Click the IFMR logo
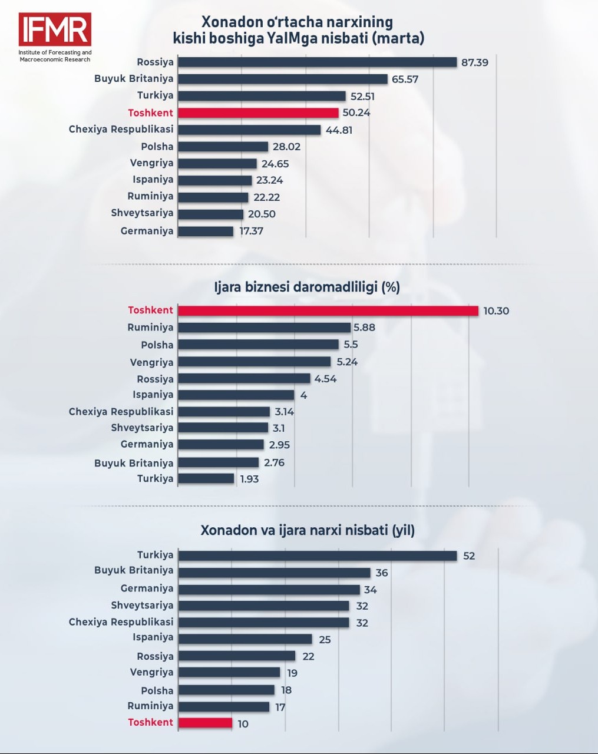[x=55, y=29]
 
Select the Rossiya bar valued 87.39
[x=317, y=62]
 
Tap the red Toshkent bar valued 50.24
[x=258, y=113]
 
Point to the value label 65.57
[x=405, y=79]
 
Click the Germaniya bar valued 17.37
[x=206, y=232]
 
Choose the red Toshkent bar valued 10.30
[x=328, y=310]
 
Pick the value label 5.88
[x=364, y=328]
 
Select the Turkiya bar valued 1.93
[x=206, y=479]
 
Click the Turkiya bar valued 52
[x=318, y=555]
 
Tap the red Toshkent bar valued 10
[x=205, y=723]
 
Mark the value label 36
[x=382, y=573]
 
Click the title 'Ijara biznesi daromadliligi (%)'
[x=307, y=287]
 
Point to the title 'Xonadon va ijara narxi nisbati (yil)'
[x=308, y=530]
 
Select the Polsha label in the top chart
[x=157, y=147]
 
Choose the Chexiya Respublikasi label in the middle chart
[x=121, y=412]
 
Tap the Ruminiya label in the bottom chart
[x=150, y=706]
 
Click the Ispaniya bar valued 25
[x=245, y=639]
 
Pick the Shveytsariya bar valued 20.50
[x=210, y=214]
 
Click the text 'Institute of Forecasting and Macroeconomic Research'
[x=55, y=56]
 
